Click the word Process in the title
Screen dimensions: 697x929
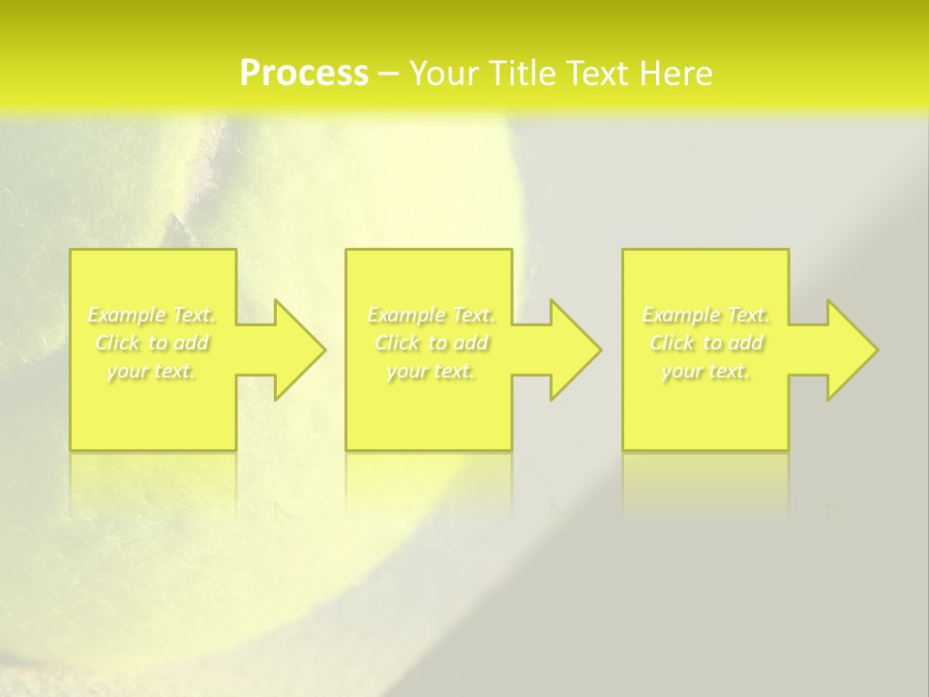coord(304,74)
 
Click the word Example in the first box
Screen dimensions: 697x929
coord(126,315)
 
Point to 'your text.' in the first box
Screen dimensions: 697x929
coord(152,371)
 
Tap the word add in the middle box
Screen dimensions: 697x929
coord(470,343)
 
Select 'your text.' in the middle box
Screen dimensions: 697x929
coord(430,371)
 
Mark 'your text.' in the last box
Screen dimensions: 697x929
coord(705,371)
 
